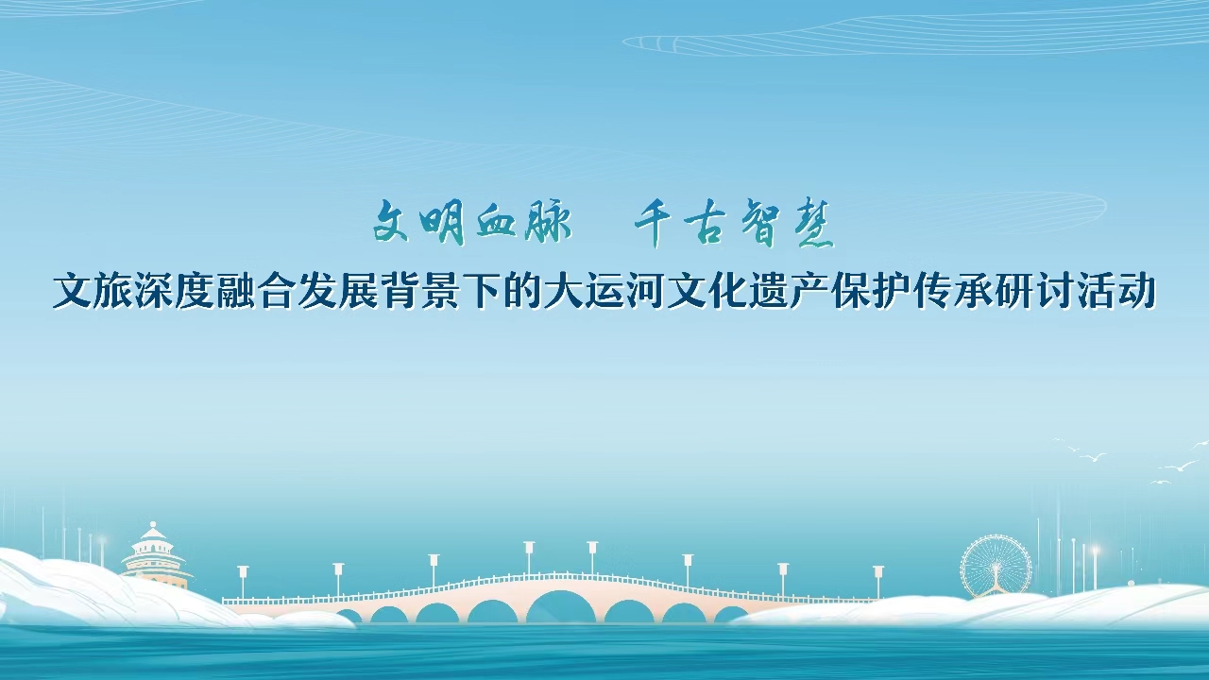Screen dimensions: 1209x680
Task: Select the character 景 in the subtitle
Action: (440, 292)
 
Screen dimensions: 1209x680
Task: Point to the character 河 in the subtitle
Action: (644, 292)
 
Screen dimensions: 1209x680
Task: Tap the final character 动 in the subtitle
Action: (1134, 292)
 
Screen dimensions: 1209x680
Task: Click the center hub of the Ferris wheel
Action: (996, 568)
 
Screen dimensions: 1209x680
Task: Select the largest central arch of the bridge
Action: (561, 607)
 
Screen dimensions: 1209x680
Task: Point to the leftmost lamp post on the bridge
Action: (243, 581)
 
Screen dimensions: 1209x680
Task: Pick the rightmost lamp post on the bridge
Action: (878, 581)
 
